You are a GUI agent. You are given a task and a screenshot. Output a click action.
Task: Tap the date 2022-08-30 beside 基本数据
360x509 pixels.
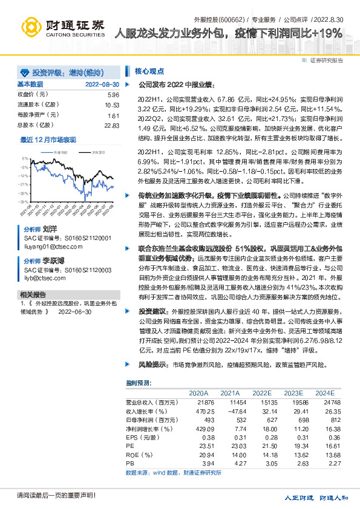pyautogui.click(x=102, y=85)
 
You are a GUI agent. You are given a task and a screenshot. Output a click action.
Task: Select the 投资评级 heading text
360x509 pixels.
pyautogui.click(x=57, y=72)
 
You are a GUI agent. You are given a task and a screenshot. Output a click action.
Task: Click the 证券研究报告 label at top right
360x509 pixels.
pyautogui.click(x=326, y=60)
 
